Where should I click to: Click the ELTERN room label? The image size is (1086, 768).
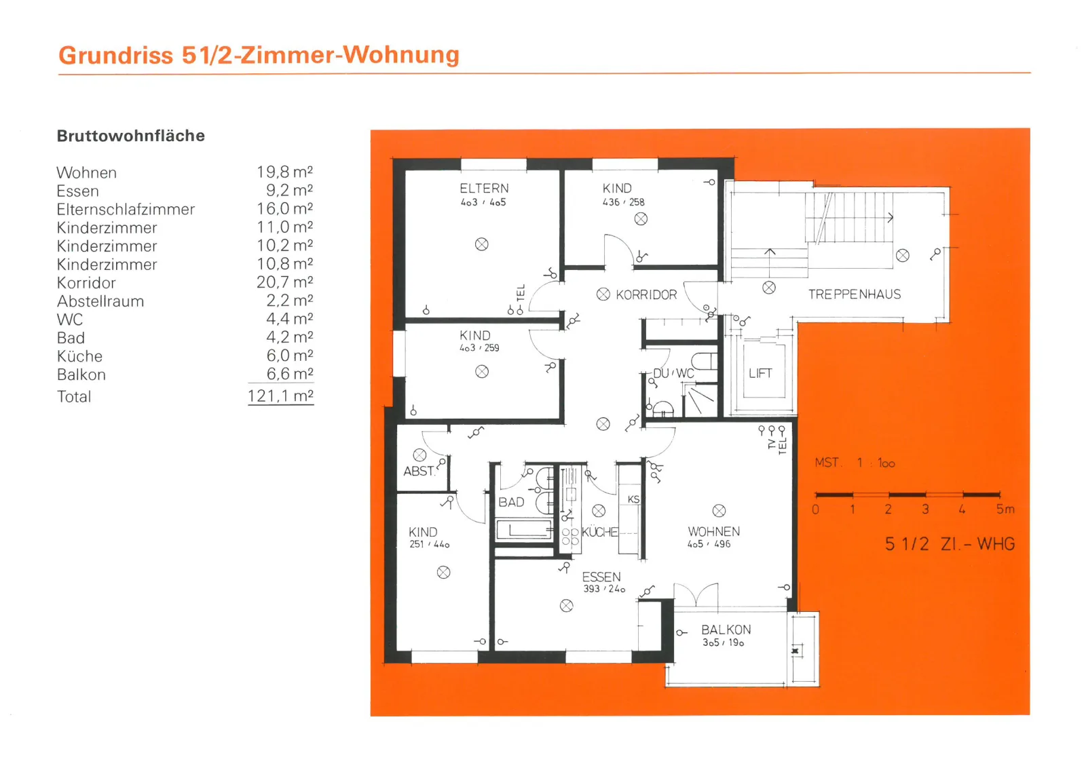click(x=484, y=189)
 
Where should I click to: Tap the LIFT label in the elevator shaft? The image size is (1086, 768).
click(x=760, y=373)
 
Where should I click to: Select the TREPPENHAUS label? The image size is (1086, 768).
click(x=855, y=294)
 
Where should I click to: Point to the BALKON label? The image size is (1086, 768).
click(x=726, y=630)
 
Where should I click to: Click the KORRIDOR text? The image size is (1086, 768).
click(x=646, y=294)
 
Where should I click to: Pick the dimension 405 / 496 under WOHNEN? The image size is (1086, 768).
click(x=709, y=544)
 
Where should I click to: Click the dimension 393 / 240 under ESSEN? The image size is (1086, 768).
click(x=604, y=589)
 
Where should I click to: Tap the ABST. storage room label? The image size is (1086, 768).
click(x=419, y=471)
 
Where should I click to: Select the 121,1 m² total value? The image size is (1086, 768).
click(x=280, y=396)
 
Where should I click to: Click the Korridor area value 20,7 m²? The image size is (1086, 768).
click(x=284, y=282)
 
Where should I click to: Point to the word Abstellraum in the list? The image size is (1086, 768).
click(x=100, y=301)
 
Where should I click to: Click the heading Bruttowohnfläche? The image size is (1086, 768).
click(x=131, y=136)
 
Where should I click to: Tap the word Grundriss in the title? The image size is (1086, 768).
click(x=116, y=55)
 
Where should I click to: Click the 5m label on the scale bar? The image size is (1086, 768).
click(x=1005, y=510)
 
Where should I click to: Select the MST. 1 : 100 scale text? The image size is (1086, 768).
click(x=855, y=463)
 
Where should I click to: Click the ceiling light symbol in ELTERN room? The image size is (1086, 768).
click(x=481, y=244)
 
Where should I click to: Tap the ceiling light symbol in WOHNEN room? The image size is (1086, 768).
click(x=719, y=511)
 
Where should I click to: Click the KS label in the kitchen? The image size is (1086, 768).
click(x=633, y=499)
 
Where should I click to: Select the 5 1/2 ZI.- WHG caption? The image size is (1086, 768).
click(x=950, y=544)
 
